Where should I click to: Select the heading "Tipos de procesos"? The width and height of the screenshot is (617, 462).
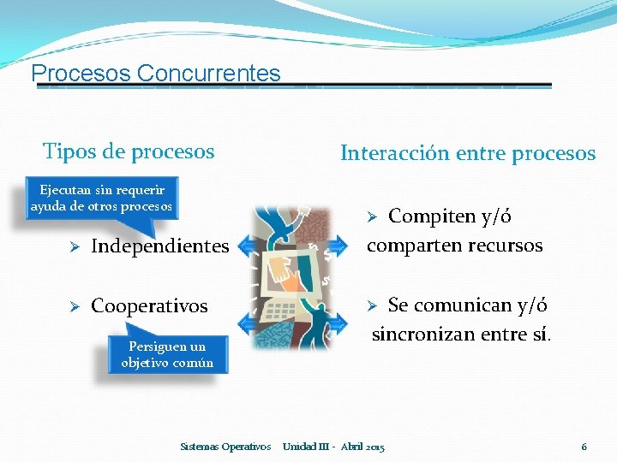coord(129,152)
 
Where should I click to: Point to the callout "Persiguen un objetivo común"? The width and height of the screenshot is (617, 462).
coord(167,354)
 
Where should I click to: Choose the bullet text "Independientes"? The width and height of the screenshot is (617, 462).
coord(159,246)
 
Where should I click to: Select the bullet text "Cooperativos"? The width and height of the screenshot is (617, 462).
coord(149,306)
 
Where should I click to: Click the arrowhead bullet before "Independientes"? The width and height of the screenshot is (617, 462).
coord(75,247)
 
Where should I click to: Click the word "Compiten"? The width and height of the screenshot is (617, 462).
coord(431,216)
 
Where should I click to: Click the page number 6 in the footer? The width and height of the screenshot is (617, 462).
coord(584,447)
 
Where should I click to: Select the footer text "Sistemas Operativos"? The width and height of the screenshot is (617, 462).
coord(226,447)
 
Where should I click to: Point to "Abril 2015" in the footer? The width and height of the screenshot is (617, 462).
coord(362,447)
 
